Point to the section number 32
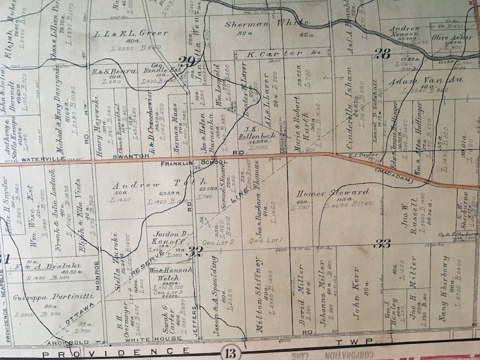pyautogui.click(x=195, y=251)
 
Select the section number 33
pyautogui.click(x=381, y=244)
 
